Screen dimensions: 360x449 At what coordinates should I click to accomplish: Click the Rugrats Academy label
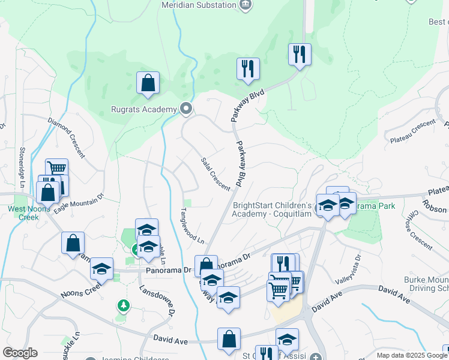click(x=144, y=109)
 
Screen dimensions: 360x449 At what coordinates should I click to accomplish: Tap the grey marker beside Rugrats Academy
click(x=186, y=109)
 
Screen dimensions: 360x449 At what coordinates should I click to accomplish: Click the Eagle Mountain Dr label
click(x=79, y=202)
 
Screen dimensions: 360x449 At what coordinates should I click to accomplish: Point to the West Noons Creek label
click(x=22, y=213)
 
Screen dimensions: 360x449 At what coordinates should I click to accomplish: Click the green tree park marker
click(x=124, y=306)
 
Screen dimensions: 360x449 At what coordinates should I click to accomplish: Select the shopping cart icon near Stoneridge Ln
click(x=56, y=169)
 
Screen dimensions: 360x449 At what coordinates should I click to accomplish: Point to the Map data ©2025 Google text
click(x=411, y=355)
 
